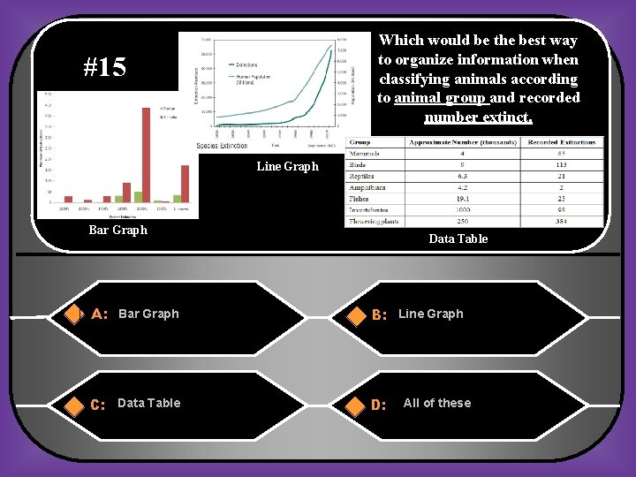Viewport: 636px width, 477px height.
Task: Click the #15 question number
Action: coord(104,67)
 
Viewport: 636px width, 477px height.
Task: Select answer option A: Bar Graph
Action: coord(148,314)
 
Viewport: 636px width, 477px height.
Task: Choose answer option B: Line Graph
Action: coord(430,314)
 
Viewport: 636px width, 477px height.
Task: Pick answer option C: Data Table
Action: coord(148,403)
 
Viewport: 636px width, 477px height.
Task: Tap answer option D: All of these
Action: coord(436,403)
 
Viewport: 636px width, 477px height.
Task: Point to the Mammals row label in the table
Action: coord(367,154)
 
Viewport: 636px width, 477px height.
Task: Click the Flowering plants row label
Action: coord(374,221)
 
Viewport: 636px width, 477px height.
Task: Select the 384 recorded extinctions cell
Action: coord(561,221)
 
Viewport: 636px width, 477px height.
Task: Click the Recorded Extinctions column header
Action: coord(561,142)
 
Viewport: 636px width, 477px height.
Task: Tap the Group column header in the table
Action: coord(360,142)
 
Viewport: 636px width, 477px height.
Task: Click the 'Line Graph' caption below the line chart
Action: coord(287,166)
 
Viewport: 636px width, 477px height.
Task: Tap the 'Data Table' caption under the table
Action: coord(458,238)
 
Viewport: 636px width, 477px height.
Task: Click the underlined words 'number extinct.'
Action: coord(478,117)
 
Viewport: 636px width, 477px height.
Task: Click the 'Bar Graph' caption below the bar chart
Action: coord(118,230)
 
